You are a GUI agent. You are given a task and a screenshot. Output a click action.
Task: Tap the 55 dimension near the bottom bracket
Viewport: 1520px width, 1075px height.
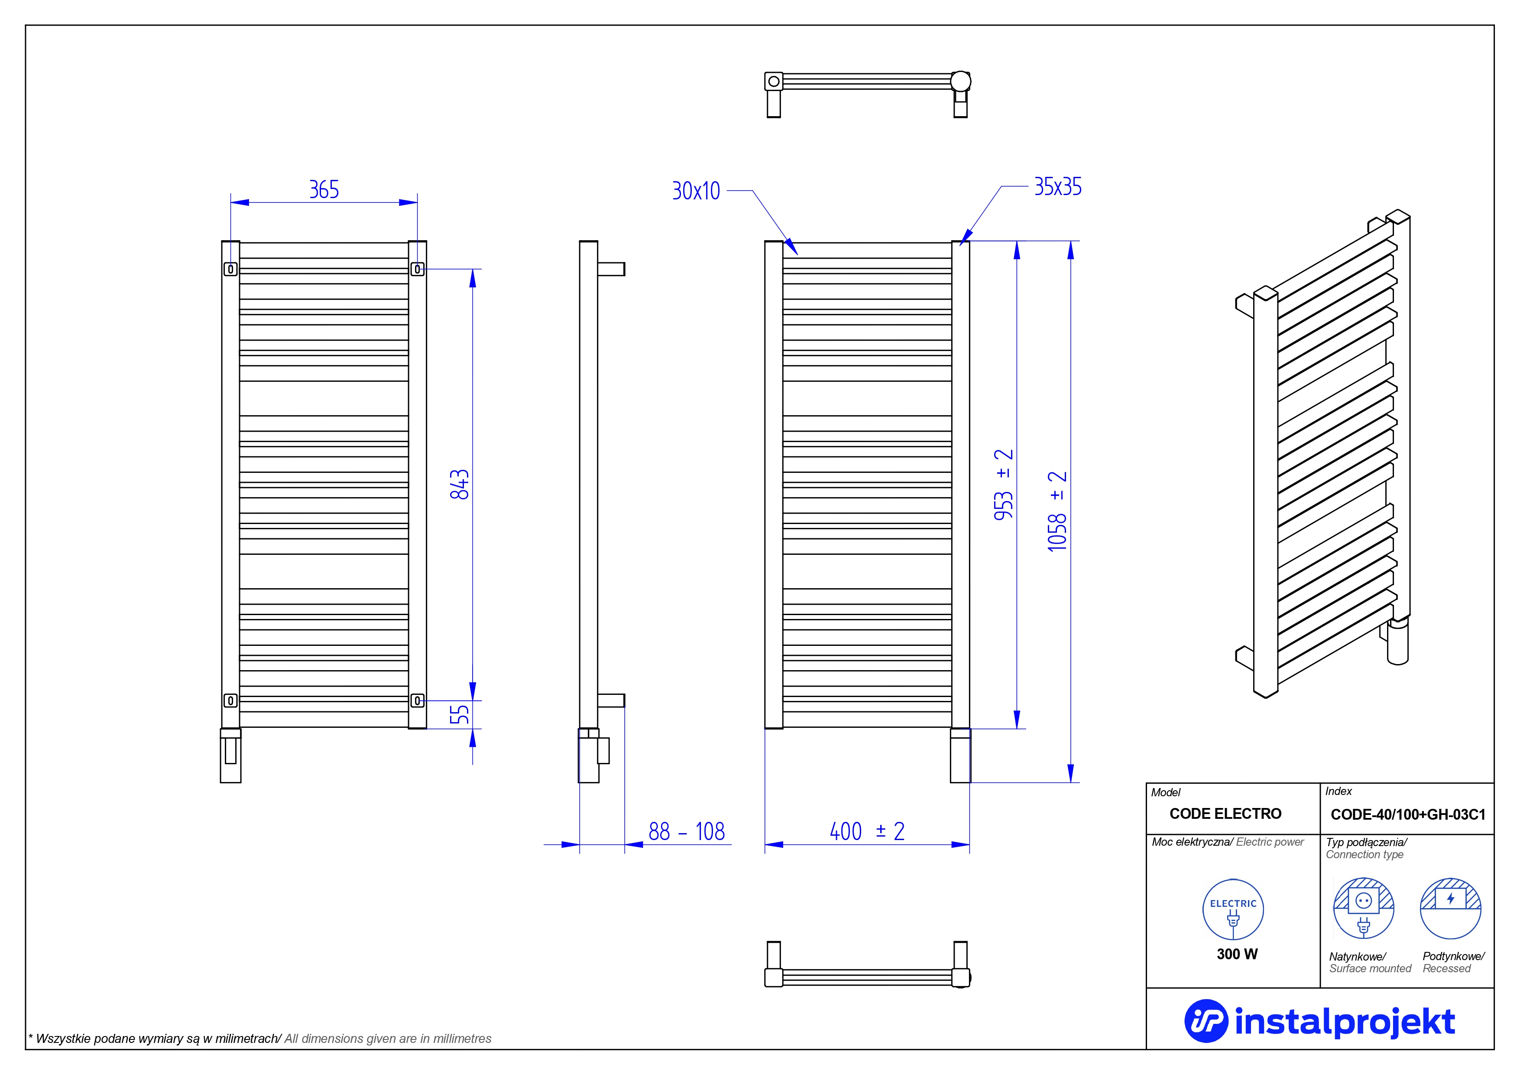click(460, 714)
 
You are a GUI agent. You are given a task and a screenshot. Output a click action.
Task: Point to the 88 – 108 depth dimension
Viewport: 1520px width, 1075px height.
click(687, 831)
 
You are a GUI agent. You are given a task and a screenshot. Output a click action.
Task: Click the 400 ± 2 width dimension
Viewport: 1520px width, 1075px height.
click(867, 831)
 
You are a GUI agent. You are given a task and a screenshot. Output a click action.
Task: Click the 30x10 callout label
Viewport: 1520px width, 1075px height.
click(696, 191)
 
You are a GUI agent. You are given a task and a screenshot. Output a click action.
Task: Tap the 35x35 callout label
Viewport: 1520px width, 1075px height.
click(1058, 187)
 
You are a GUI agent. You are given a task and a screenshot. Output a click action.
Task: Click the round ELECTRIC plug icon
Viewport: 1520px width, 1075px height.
click(1233, 909)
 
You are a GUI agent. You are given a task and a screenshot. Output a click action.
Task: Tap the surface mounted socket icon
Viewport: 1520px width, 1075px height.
click(1363, 908)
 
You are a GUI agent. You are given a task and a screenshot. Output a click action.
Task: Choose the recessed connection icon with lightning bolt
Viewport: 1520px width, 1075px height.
click(1451, 908)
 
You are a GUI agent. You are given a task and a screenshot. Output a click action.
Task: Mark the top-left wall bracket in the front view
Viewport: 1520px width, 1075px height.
click(230, 269)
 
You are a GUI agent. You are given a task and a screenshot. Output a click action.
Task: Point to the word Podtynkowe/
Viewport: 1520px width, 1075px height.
click(1453, 956)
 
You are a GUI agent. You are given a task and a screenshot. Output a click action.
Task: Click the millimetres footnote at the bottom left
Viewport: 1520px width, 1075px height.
click(260, 1039)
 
